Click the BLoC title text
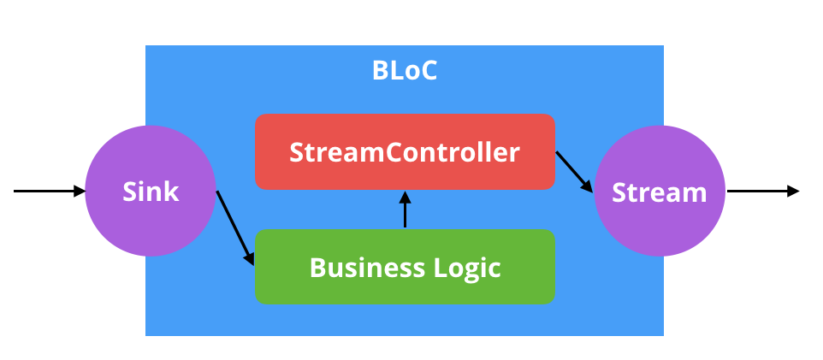pos(405,70)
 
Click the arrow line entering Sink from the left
pos(47,191)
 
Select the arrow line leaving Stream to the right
pos(757,191)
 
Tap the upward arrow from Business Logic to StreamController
pos(406,212)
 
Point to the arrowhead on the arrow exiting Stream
pos(793,191)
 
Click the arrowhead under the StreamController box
pos(406,196)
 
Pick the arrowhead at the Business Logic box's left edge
pos(250,257)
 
